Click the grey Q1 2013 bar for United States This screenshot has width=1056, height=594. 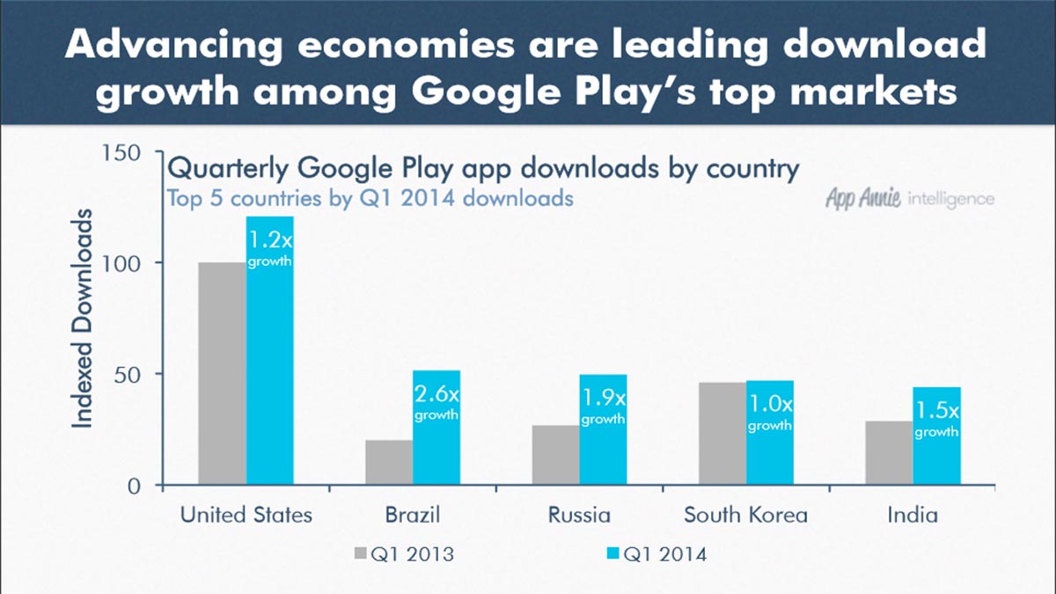tap(223, 374)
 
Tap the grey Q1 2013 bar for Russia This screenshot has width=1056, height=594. tap(555, 455)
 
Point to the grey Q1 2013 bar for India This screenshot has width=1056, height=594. tap(889, 453)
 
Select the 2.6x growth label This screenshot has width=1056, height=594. tap(436, 400)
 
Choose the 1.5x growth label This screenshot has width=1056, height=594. tap(936, 418)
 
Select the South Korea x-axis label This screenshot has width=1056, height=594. tap(745, 515)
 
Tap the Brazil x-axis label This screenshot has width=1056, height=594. tap(412, 515)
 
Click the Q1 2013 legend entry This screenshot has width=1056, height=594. tap(404, 554)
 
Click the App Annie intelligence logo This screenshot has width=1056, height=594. tap(909, 198)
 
